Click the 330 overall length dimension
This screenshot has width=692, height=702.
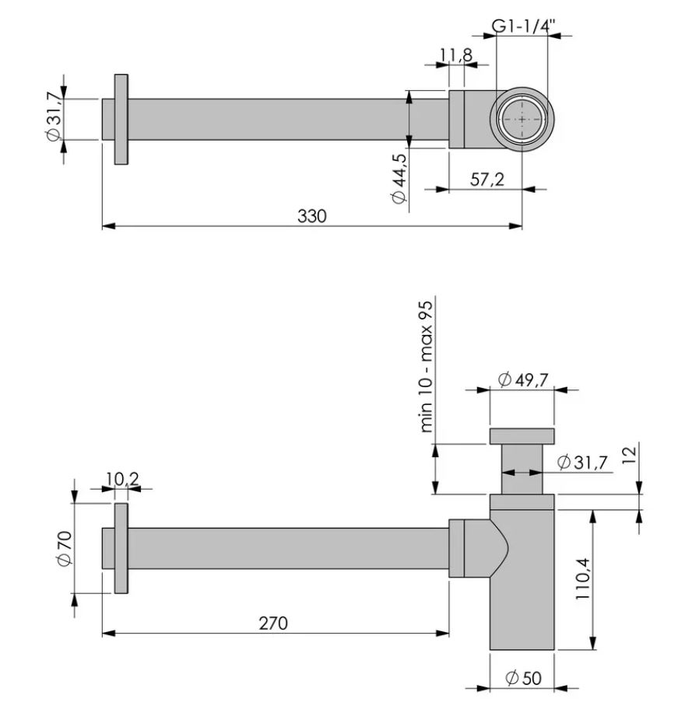pos(312,216)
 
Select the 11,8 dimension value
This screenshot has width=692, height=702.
pos(456,55)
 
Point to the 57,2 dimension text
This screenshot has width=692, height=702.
pos(487,180)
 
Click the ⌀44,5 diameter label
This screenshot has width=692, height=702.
pos(399,179)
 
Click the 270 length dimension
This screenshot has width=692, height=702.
pos(273,623)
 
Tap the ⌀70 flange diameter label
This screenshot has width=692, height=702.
pos(65,548)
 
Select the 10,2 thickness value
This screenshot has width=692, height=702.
pos(122,479)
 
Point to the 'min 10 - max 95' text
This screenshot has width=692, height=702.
pos(426,367)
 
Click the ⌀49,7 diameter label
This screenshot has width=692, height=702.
pos(523,380)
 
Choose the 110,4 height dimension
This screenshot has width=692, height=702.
pos(583,579)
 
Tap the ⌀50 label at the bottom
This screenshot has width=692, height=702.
pos(524,678)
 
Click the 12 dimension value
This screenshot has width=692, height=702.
pos(629,455)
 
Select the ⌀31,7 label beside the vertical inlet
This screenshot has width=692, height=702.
pos(582,462)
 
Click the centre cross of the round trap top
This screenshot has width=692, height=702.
pos(522,120)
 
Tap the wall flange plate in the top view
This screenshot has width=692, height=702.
pos(121,120)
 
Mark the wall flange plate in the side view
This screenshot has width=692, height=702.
pos(121,548)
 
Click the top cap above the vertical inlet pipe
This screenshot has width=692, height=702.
pos(522,436)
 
